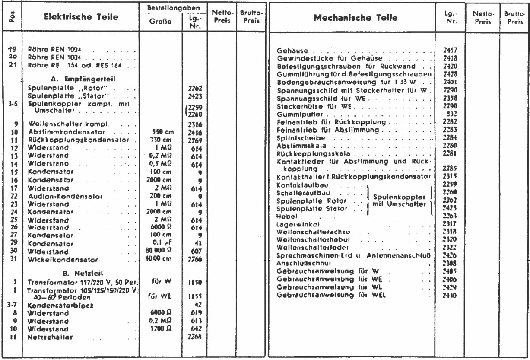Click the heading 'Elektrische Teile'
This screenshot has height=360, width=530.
click(x=81, y=18)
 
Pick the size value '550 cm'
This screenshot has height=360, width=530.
click(x=163, y=131)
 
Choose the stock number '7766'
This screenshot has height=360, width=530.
click(x=195, y=260)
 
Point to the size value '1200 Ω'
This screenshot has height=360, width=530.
click(x=163, y=329)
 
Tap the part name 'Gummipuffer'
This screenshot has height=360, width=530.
click(x=295, y=116)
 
